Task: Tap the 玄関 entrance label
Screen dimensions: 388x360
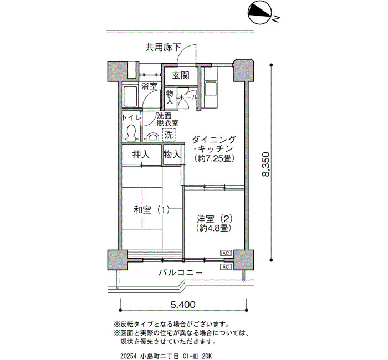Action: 181,75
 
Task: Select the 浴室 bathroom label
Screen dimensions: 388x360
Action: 149,86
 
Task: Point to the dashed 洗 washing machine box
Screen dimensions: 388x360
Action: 169,135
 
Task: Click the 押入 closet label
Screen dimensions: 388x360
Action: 141,155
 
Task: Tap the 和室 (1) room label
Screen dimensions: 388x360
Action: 151,210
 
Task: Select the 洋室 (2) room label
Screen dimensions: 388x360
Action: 215,219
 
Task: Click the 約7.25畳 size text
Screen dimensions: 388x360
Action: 215,158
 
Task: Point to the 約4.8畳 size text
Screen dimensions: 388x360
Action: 215,228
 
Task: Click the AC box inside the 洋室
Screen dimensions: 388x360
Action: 226,253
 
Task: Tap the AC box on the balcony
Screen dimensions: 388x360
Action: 226,267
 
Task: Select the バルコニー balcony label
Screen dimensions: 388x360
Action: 181,272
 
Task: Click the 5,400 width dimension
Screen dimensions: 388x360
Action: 183,305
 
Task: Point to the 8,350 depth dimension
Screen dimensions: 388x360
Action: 266,164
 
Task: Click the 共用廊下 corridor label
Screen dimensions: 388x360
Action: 164,47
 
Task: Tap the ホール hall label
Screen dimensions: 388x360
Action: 187,97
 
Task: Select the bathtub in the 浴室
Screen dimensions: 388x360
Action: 130,97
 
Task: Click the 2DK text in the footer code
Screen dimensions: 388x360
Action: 205,356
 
